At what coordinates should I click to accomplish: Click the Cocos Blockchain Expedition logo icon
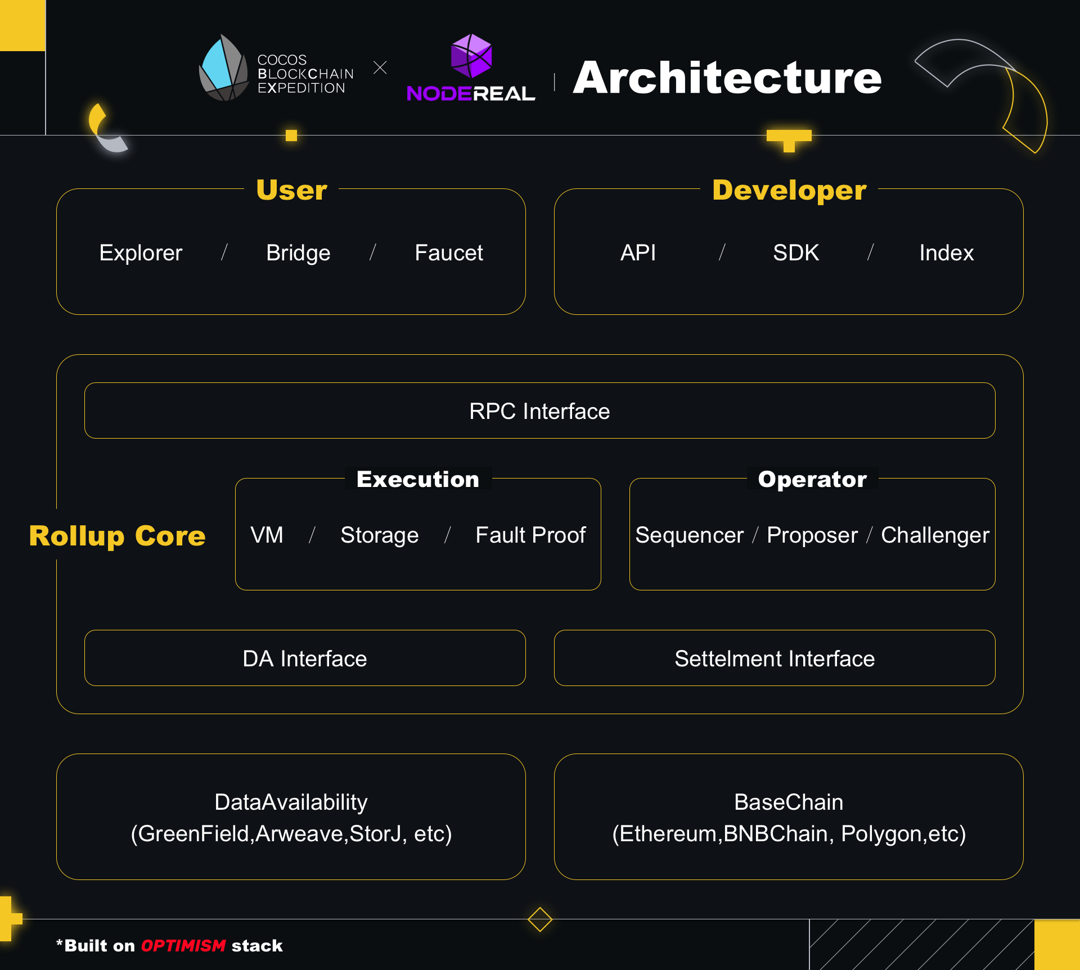[224, 68]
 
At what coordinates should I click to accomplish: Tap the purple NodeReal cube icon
[471, 56]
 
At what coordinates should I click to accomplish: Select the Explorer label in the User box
[141, 253]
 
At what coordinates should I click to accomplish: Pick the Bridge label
[298, 253]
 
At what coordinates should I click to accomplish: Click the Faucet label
[449, 253]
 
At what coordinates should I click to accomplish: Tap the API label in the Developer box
[638, 253]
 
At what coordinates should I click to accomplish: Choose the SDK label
[796, 253]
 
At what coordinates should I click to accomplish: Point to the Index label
[947, 253]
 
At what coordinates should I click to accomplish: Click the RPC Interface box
[540, 410]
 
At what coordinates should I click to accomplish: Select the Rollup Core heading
[117, 536]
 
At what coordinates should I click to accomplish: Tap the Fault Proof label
[530, 535]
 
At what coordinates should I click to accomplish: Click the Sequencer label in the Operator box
[689, 535]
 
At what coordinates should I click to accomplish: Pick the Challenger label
[935, 535]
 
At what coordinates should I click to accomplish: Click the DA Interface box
[305, 658]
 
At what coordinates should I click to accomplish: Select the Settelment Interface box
[775, 658]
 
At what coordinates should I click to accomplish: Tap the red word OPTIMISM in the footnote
[183, 946]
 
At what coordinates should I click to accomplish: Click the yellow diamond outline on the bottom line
[540, 919]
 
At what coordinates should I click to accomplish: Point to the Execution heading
[418, 479]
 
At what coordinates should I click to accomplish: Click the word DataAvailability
[291, 802]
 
